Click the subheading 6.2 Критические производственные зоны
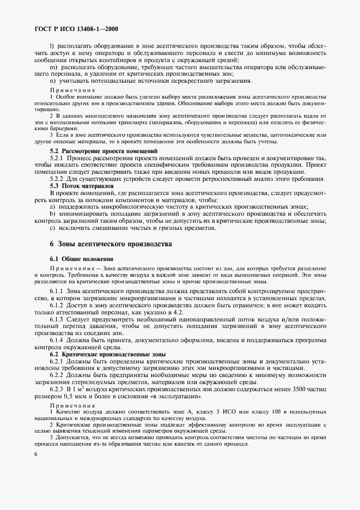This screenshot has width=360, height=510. tap(100, 354)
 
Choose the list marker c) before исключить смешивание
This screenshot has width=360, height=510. tap(52, 228)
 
